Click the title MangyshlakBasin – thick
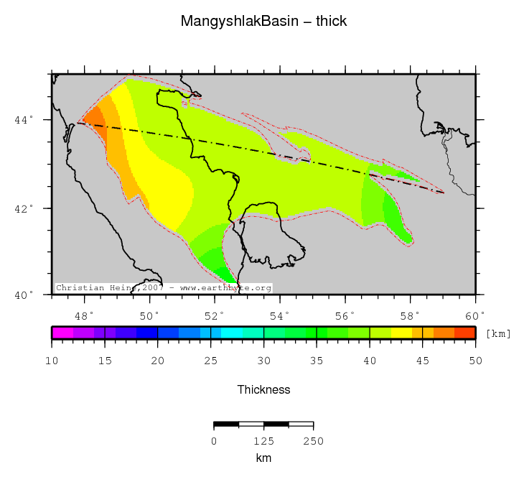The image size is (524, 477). (x=263, y=22)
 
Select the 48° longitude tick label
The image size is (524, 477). (x=85, y=315)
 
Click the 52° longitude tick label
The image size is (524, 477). (x=215, y=315)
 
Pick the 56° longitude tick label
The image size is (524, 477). (x=345, y=315)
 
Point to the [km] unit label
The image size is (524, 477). (x=498, y=333)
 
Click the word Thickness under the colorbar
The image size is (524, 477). (x=263, y=389)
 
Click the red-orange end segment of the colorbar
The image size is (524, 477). (x=465, y=333)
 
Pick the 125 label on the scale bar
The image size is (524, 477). (x=263, y=440)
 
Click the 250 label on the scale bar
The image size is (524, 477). (x=313, y=440)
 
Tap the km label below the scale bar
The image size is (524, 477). (x=263, y=458)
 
